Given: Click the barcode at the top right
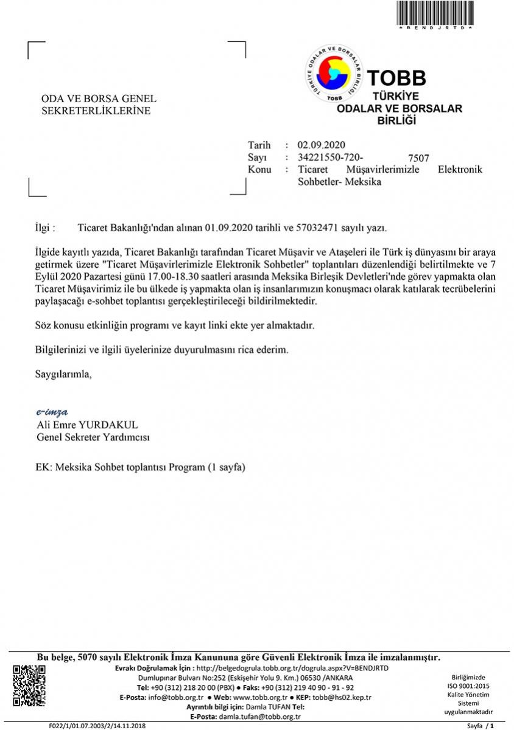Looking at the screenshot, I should point(435,13).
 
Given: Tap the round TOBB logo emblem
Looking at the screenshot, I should point(333,74).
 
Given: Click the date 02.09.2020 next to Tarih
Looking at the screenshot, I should point(321,145).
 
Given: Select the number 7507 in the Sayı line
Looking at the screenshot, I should point(419,159).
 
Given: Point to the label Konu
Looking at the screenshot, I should point(259,170).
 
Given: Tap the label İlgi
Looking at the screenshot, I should point(45,228).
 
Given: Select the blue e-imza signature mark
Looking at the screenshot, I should point(52,412).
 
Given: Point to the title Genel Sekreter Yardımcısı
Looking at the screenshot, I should point(93,437).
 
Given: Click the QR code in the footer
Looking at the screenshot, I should point(29,686).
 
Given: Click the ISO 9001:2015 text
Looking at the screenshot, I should point(468,686).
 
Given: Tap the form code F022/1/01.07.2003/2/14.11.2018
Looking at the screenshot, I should point(97,726).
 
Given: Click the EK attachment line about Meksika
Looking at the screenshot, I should point(141,468).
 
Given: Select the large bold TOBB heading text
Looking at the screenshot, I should point(396,78).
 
